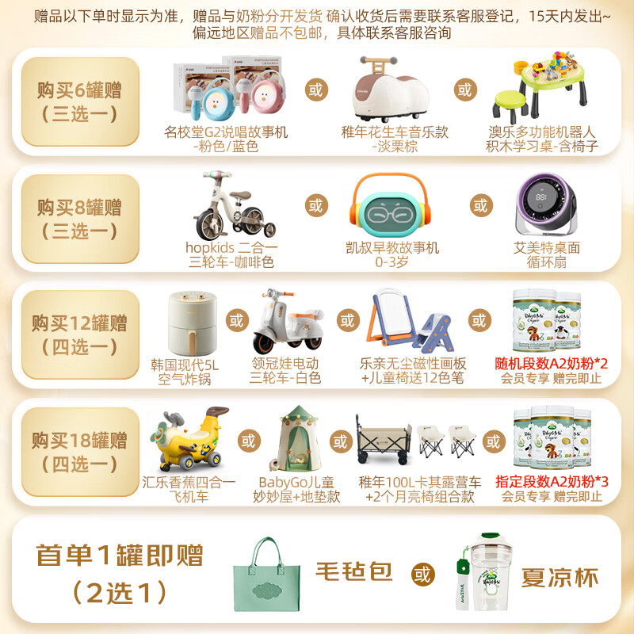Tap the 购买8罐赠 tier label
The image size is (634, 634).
(79, 219)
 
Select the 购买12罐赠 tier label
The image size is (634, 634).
(79, 334)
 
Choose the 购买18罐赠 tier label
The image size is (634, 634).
(79, 450)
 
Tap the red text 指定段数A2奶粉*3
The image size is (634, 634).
(552, 481)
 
